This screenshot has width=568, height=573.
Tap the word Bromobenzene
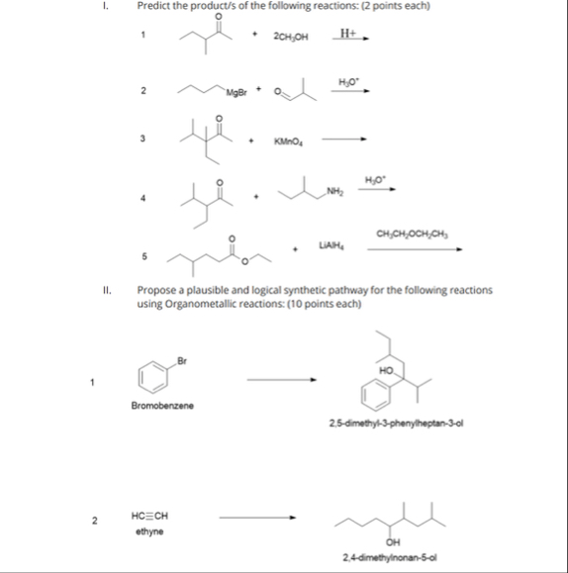click(162, 406)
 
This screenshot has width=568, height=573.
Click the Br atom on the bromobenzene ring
click(182, 358)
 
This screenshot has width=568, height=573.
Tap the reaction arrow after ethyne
click(257, 516)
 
